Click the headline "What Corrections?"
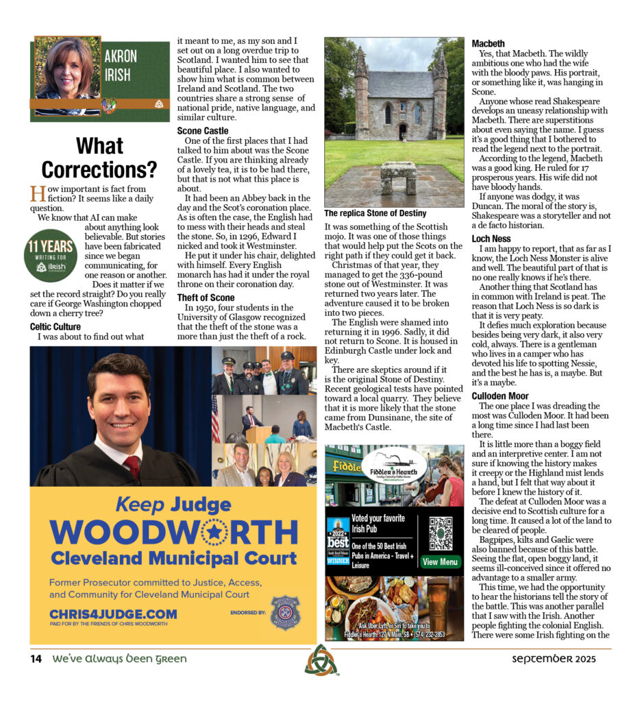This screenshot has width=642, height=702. (99, 157)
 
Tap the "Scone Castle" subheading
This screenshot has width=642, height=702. (203, 130)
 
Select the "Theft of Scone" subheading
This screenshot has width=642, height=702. (206, 298)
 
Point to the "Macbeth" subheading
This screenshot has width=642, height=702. (489, 44)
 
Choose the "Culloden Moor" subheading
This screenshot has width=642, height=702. (499, 396)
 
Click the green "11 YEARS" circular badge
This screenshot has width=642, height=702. (50, 256)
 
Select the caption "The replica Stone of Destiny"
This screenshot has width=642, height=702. (375, 213)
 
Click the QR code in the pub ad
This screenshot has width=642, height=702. (440, 533)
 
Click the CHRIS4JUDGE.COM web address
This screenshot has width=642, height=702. (113, 614)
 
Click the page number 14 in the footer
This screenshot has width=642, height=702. (36, 659)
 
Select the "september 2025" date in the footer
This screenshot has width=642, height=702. (554, 659)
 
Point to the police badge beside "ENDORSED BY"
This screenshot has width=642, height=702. (285, 612)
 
